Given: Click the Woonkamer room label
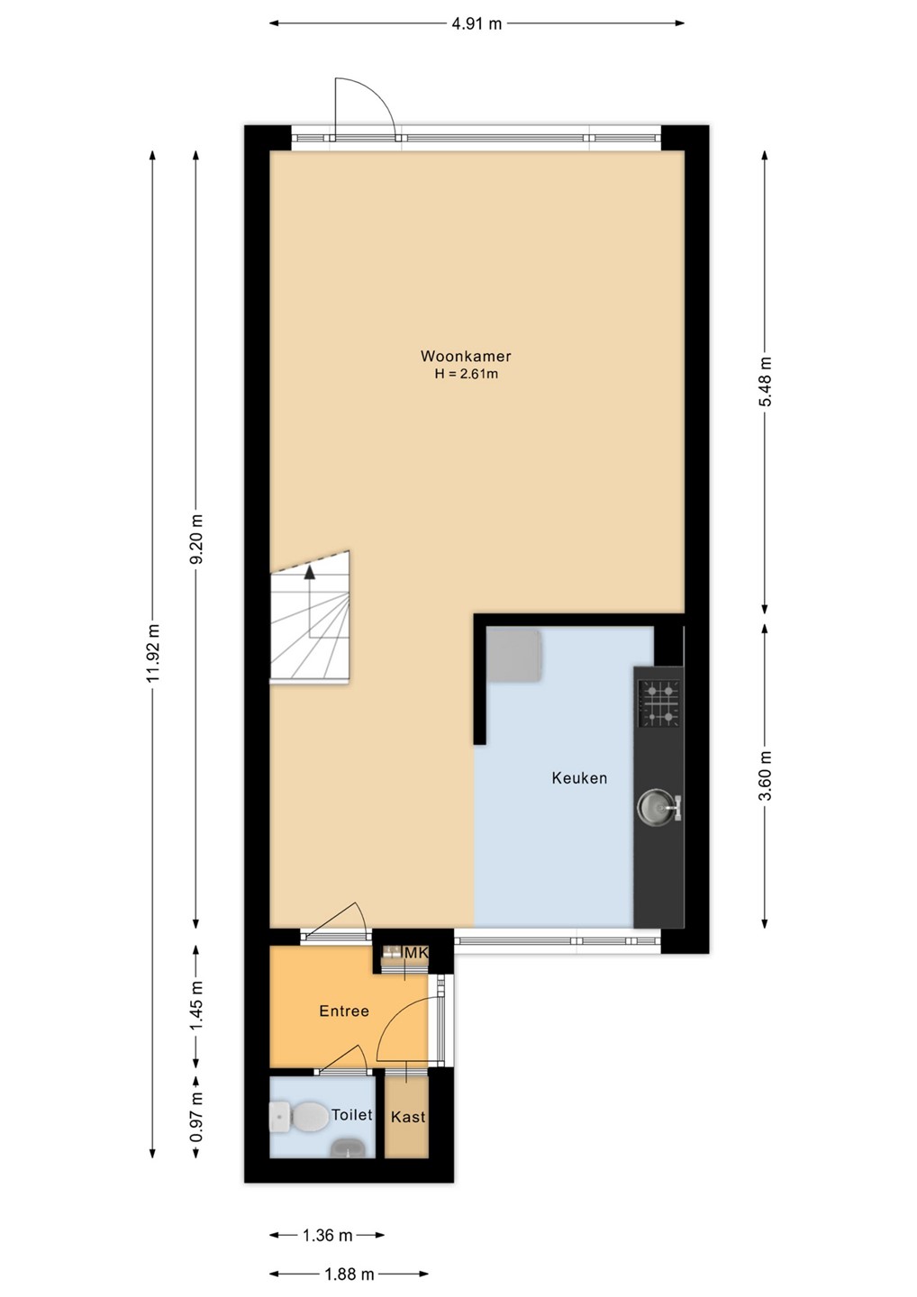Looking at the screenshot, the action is [x=466, y=356].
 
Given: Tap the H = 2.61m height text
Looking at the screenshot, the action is [x=466, y=374].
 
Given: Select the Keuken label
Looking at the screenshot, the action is [x=579, y=777].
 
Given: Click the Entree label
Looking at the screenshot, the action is [x=344, y=1011].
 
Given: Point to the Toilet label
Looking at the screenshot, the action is [x=351, y=1115].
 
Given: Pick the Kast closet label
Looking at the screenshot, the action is [x=408, y=1117].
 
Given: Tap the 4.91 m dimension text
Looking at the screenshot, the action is [x=477, y=23].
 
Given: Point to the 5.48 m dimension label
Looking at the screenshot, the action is [x=766, y=382].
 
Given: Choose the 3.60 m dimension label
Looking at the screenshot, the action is [x=766, y=775].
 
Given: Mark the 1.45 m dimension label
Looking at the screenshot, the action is [x=197, y=1006].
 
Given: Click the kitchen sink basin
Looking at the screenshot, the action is [x=652, y=806].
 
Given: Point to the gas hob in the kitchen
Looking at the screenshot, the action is [x=659, y=703].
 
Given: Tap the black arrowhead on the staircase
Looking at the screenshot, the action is [x=310, y=572].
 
